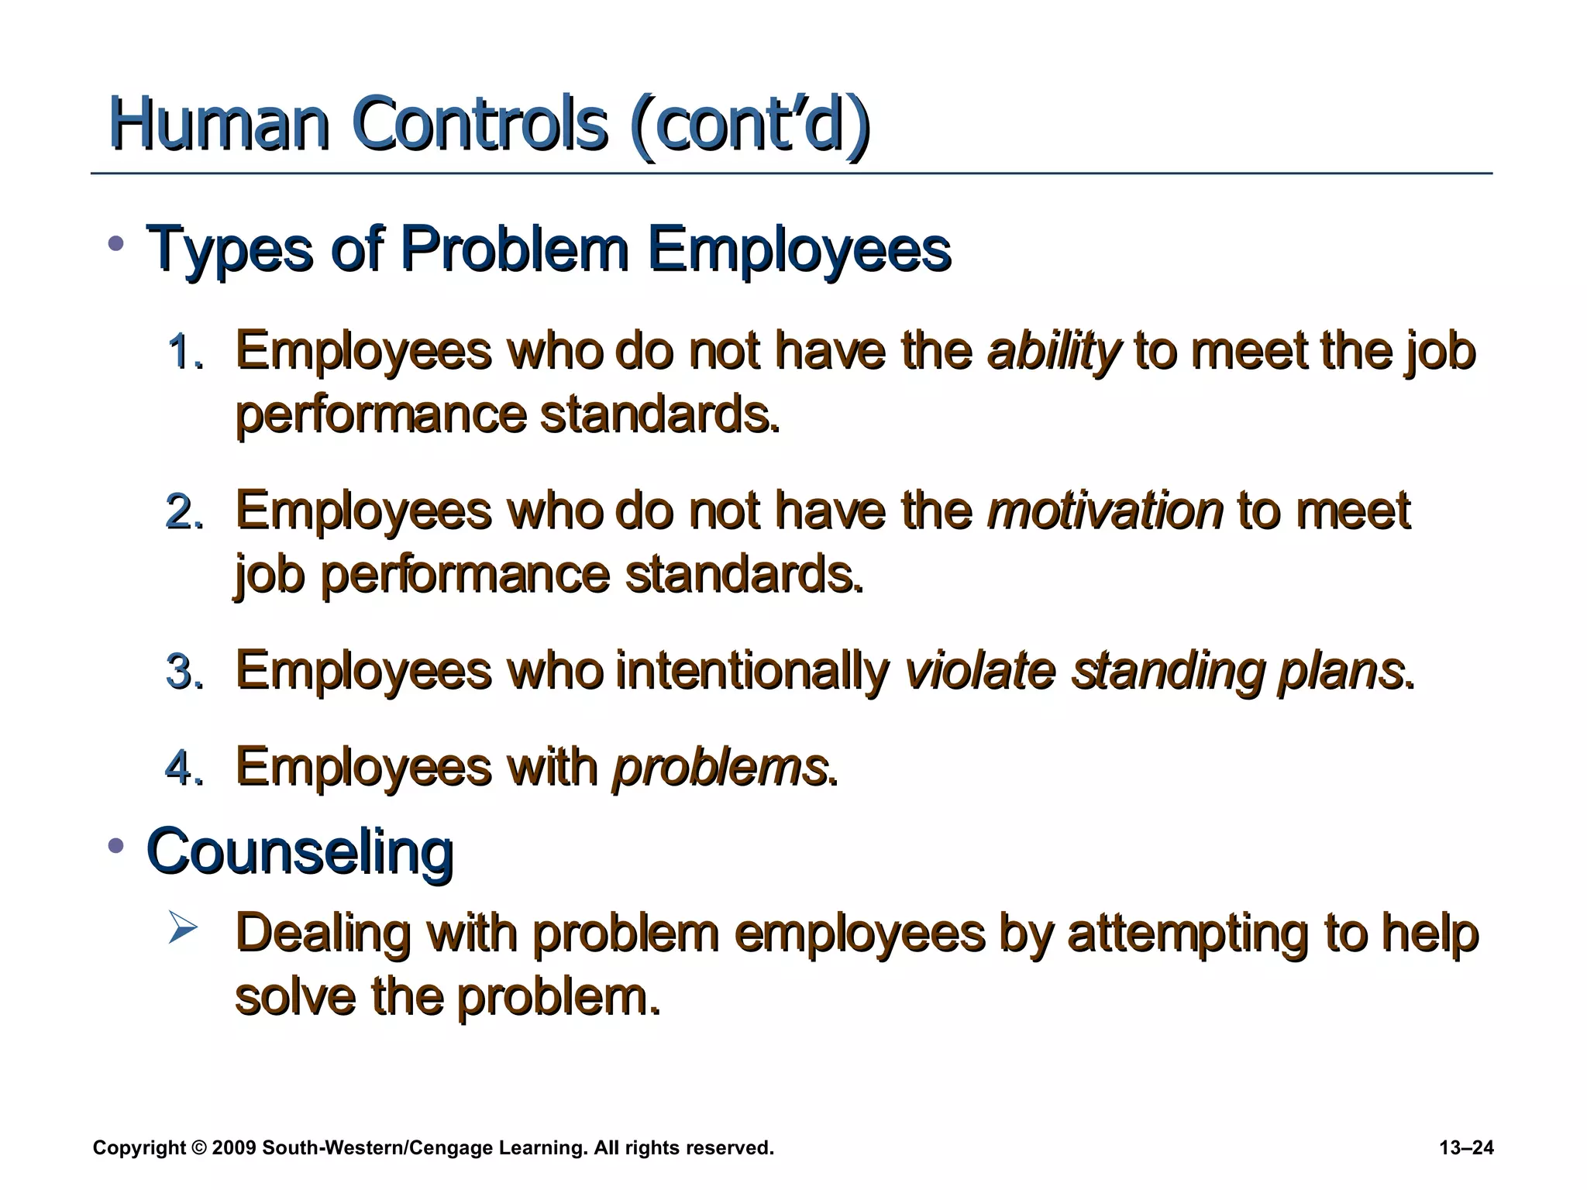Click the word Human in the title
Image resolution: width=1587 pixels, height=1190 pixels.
(x=219, y=125)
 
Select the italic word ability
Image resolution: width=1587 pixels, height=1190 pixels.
(x=1053, y=351)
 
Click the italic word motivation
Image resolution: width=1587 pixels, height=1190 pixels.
(x=1105, y=511)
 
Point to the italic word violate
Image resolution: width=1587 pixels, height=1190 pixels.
(x=979, y=670)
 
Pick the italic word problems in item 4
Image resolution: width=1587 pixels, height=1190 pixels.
(x=720, y=767)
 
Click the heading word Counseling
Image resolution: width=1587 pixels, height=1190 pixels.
(x=300, y=851)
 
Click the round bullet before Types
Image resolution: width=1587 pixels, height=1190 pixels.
(x=116, y=245)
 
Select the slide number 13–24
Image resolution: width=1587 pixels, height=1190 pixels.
(x=1465, y=1147)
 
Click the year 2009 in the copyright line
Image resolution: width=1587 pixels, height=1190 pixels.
(x=233, y=1147)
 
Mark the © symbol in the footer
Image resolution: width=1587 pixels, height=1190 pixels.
(x=199, y=1147)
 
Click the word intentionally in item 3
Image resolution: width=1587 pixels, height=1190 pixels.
(x=752, y=670)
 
